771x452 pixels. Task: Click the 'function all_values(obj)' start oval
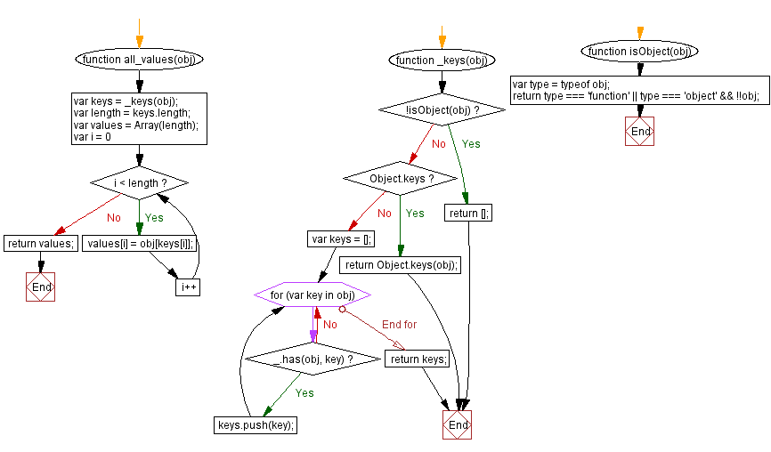[139, 60]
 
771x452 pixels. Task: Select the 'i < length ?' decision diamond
[139, 182]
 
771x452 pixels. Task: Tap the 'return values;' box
[41, 243]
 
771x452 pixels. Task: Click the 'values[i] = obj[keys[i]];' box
[140, 243]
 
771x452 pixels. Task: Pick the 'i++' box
[188, 287]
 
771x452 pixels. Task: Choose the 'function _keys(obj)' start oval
[442, 60]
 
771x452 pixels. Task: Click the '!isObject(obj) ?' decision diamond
[442, 109]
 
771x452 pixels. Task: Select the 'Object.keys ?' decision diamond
[401, 178]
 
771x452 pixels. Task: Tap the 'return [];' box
[470, 213]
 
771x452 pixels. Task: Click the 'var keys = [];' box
[342, 238]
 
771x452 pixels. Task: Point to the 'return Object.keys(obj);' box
[401, 264]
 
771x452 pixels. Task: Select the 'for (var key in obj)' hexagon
[312, 295]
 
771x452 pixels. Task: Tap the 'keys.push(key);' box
[256, 424]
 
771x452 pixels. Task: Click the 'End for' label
[399, 325]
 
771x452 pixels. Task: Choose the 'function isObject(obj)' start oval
[640, 51]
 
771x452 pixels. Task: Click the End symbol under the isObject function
[640, 131]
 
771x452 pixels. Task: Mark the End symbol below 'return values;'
[41, 287]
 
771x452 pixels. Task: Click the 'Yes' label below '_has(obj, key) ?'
[304, 392]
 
